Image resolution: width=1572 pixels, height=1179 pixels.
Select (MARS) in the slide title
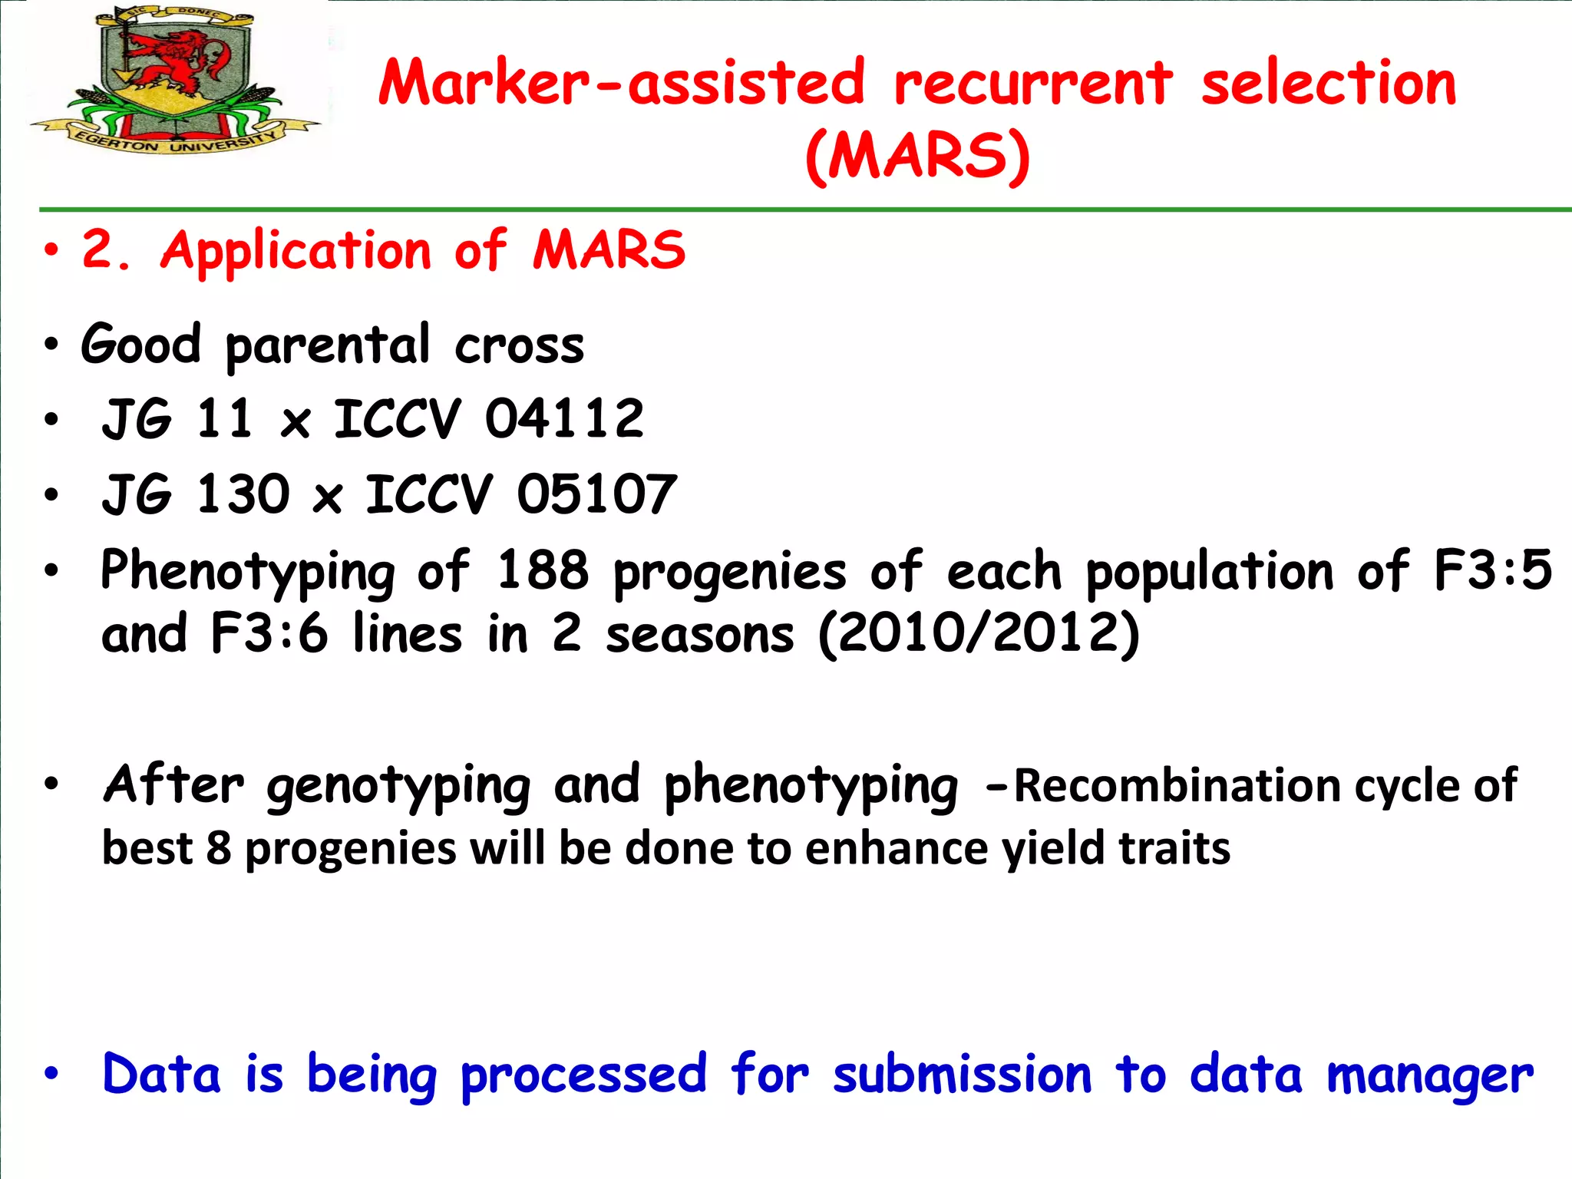tap(916, 156)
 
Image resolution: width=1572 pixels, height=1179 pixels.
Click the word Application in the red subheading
tap(296, 251)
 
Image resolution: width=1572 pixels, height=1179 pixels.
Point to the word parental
tap(327, 346)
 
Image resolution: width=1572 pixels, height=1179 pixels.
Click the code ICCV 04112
tap(488, 420)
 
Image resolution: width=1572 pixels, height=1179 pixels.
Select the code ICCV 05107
tap(520, 495)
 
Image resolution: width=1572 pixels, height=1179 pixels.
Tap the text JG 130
tap(196, 495)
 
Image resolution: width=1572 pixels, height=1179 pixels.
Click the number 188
tap(542, 571)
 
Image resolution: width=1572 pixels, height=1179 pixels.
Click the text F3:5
tap(1492, 571)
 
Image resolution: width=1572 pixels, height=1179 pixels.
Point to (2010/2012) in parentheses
tap(979, 635)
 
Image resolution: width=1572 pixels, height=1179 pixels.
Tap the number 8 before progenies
tap(219, 850)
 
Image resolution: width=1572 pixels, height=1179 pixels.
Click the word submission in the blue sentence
tap(962, 1075)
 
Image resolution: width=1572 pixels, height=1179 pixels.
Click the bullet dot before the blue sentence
tap(51, 1074)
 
